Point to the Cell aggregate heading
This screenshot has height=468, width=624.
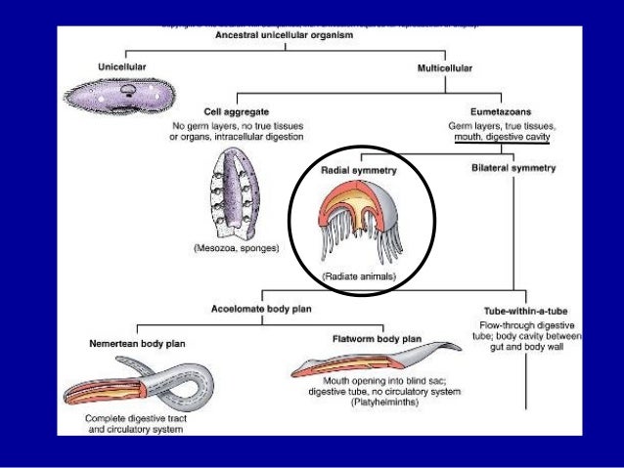pos(236,110)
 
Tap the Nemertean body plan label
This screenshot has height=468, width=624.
pos(130,345)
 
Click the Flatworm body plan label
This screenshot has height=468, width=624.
pos(379,339)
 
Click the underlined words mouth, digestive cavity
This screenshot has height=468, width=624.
pos(502,138)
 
